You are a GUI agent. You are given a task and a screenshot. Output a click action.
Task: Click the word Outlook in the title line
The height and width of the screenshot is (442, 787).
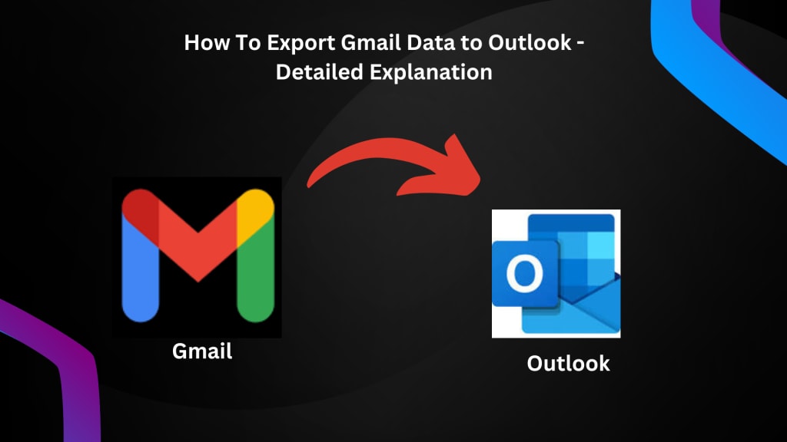click(530, 43)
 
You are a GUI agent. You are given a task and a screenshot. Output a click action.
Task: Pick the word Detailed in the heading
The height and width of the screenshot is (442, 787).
click(320, 72)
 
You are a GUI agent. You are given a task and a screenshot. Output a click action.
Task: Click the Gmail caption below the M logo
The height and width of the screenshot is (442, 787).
click(202, 351)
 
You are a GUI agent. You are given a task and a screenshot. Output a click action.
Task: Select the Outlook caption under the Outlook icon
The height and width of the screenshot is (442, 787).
click(568, 363)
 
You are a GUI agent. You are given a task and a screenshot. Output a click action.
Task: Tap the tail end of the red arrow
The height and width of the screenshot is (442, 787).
click(309, 186)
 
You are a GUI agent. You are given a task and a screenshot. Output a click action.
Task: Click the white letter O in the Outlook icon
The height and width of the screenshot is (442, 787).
click(524, 274)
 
